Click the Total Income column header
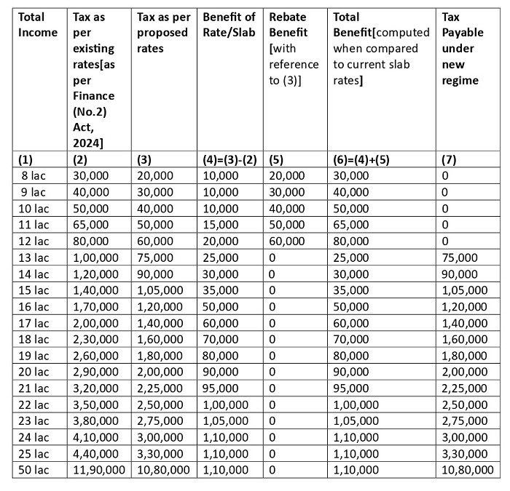[37, 24]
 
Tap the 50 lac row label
[32, 470]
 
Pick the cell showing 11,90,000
[97, 470]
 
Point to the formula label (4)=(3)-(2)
[229, 160]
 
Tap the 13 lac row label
[32, 258]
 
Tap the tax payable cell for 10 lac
[446, 209]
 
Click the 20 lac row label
[32, 372]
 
